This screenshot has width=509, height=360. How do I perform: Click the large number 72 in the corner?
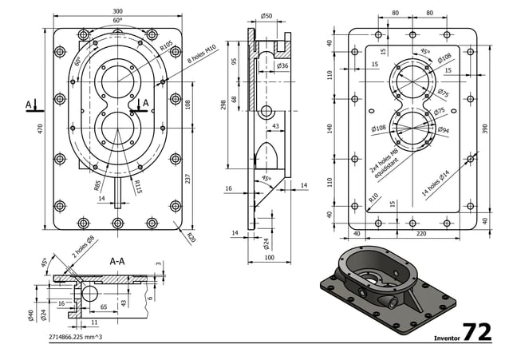[477, 332]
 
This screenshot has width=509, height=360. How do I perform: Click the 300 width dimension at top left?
[118, 11]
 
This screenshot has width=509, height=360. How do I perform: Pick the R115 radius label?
[137, 187]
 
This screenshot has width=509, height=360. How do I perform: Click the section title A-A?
[116, 260]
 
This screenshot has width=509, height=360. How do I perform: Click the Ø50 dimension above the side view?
[266, 16]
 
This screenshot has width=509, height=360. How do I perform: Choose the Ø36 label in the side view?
[282, 65]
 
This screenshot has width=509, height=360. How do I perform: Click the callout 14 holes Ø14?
[435, 181]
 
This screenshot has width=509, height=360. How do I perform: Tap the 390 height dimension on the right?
[484, 128]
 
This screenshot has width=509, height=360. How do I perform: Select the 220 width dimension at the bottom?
[420, 233]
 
